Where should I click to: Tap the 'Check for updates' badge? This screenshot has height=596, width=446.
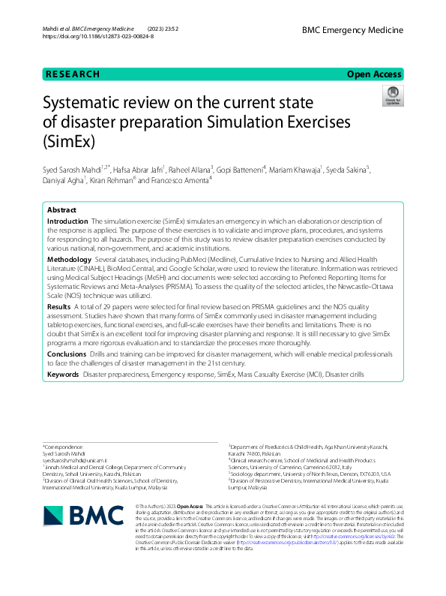393,95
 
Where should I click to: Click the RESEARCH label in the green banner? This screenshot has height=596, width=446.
73,74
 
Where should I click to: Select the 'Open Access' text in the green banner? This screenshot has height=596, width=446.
375,74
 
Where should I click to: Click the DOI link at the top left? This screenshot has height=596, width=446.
98,36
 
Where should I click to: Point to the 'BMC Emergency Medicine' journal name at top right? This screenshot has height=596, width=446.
352,30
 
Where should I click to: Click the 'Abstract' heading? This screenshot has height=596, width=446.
61,210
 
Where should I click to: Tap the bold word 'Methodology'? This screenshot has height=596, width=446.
69,258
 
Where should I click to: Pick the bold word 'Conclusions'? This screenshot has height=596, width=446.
67,353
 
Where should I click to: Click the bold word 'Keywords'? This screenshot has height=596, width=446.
63,373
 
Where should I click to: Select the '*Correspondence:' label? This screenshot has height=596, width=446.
63,446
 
